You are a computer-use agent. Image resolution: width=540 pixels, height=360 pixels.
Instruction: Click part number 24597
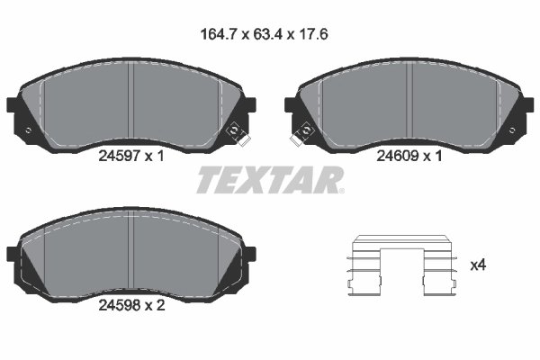coord(116,155)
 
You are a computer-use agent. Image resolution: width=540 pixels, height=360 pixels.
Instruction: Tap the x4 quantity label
coord(478,265)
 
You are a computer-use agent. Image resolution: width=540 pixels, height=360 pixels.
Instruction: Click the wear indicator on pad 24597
coord(238,132)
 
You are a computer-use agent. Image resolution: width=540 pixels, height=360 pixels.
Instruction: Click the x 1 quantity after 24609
coord(432,155)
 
